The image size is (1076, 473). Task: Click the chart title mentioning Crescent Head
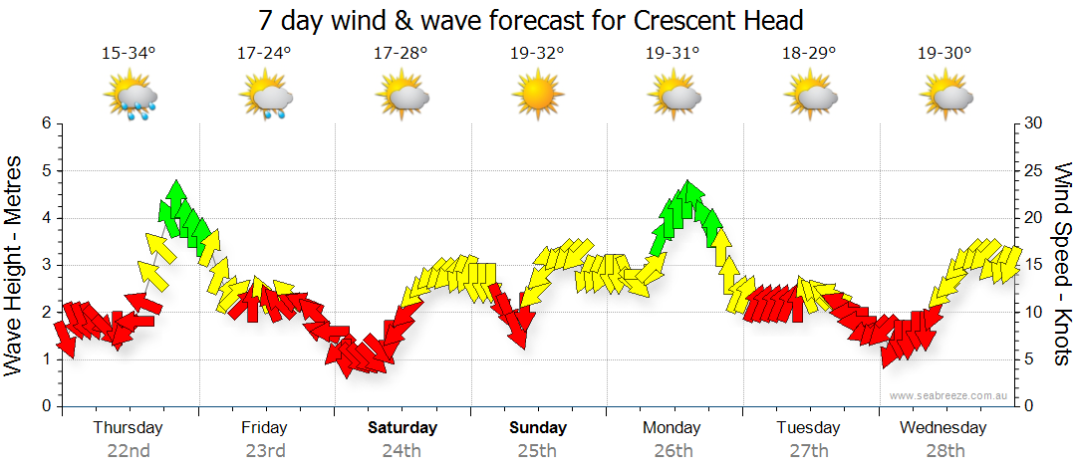[530, 20]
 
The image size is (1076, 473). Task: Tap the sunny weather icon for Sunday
[537, 97]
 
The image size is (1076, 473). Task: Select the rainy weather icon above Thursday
[130, 98]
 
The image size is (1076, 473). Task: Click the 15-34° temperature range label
[129, 53]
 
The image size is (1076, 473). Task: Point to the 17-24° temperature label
[264, 53]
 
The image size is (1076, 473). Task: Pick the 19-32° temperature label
[536, 53]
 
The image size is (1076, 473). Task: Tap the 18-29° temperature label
[808, 53]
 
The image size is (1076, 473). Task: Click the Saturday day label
[403, 428]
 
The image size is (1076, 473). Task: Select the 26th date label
[673, 450]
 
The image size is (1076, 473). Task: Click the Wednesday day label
[942, 428]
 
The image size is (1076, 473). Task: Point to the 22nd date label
[129, 450]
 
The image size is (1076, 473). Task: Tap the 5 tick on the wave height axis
[45, 171]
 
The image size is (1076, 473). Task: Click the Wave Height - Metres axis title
[14, 265]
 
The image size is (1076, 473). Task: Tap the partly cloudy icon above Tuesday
[808, 97]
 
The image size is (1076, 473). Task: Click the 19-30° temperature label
[943, 53]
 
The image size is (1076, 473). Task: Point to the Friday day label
[264, 428]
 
